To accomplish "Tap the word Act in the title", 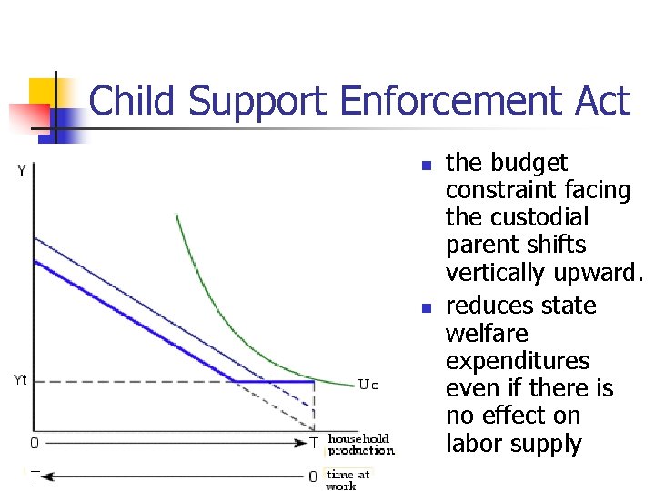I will pyautogui.click(x=601, y=101).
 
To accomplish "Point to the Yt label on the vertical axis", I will pyautogui.click(x=20, y=380).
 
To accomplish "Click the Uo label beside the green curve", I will pyautogui.click(x=368, y=385).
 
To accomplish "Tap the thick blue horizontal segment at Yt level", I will pyautogui.click(x=273, y=381).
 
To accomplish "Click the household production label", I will pyautogui.click(x=360, y=445).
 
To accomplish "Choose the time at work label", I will pyautogui.click(x=348, y=479).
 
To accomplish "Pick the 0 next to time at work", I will pyautogui.click(x=313, y=476).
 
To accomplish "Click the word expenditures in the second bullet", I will pyautogui.click(x=518, y=361).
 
